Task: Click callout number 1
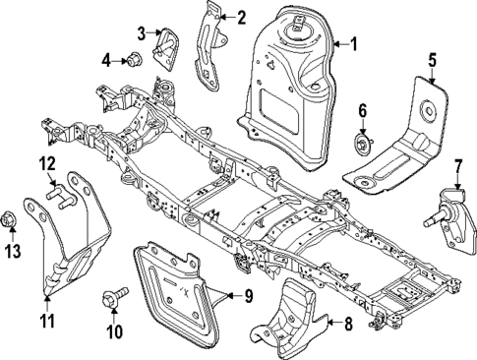[355, 44]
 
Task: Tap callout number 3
[142, 33]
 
